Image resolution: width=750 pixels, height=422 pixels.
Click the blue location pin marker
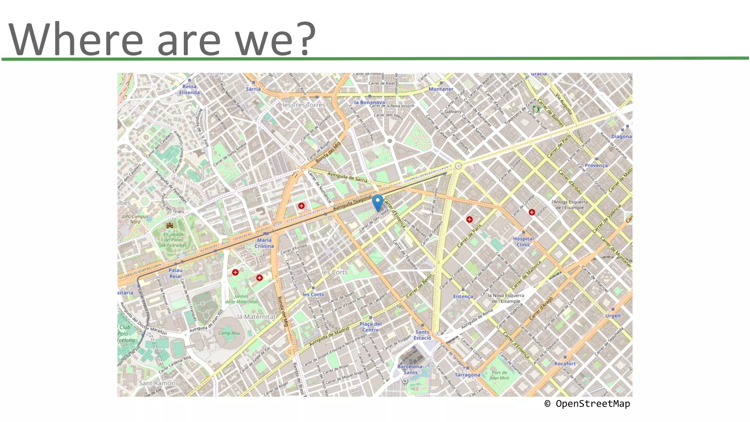pyautogui.click(x=377, y=202)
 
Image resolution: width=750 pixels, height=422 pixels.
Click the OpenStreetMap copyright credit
pyautogui.click(x=587, y=404)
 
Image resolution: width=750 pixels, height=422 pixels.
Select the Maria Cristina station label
pyautogui.click(x=264, y=243)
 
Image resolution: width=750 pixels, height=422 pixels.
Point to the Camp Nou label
pyautogui.click(x=229, y=333)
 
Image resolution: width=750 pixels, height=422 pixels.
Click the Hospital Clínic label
pyautogui.click(x=523, y=242)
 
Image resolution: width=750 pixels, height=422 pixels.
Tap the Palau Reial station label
pyautogui.click(x=175, y=273)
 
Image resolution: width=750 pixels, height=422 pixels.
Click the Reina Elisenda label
pyautogui.click(x=189, y=89)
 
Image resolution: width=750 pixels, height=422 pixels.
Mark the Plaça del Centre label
pyautogui.click(x=371, y=327)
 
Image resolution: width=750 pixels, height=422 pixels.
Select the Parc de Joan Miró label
pyautogui.click(x=499, y=375)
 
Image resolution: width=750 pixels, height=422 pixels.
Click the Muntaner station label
pyautogui.click(x=441, y=89)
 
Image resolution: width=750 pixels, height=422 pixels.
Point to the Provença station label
pyautogui.click(x=596, y=165)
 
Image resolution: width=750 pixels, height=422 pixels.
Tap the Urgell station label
pyautogui.click(x=613, y=316)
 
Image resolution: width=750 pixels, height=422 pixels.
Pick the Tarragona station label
pyautogui.click(x=467, y=375)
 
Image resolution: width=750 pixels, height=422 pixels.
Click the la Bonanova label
pyautogui.click(x=370, y=102)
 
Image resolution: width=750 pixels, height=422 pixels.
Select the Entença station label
pyautogui.click(x=463, y=296)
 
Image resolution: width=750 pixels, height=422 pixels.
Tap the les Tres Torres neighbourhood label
pyautogui.click(x=304, y=105)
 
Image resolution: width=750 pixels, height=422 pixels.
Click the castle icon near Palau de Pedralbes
pyautogui.click(x=170, y=225)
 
